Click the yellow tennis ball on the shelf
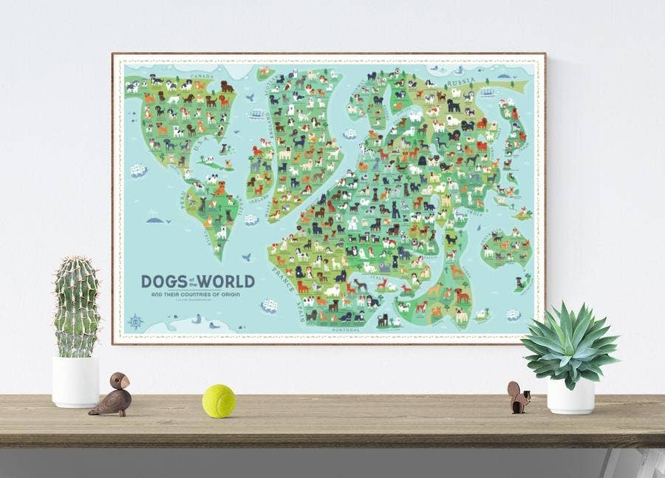(x=219, y=400)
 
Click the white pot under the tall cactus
(x=75, y=381)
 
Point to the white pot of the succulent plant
(x=570, y=396)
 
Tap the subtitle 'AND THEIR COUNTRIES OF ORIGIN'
(x=197, y=296)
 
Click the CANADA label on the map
(x=202, y=76)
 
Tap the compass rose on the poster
(x=136, y=321)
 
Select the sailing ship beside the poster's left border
(x=138, y=171)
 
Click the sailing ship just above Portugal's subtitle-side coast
(x=269, y=306)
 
